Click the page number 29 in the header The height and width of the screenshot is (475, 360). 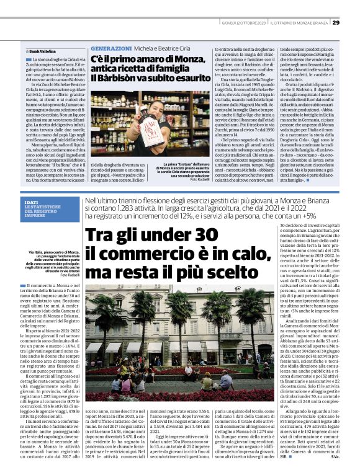pyautogui.click(x=336, y=22)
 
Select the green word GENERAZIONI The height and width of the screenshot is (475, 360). pyautogui.click(x=110, y=48)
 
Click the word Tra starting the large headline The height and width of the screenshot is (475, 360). pyautogui.click(x=102, y=239)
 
